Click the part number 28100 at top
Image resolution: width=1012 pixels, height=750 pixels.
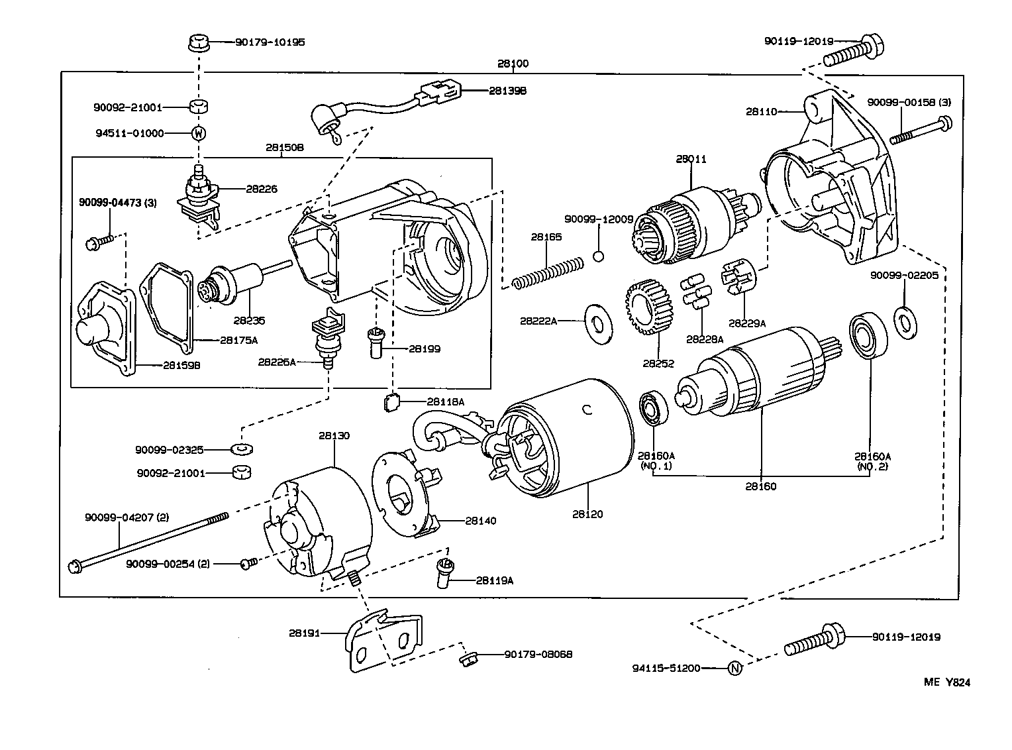coord(513,64)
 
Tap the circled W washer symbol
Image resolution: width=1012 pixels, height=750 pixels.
coord(198,133)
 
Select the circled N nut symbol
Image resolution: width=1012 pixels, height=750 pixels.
coord(735,669)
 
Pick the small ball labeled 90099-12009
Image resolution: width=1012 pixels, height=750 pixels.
coord(599,256)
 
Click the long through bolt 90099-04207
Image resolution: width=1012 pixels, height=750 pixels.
coord(146,540)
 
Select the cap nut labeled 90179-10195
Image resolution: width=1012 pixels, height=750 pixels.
coord(197,44)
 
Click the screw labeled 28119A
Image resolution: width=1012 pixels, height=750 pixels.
coord(444,572)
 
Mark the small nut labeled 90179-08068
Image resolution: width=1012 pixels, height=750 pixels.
coord(468,659)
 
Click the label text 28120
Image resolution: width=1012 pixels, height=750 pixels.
coord(589,514)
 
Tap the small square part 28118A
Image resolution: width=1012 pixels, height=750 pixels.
coord(393,402)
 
